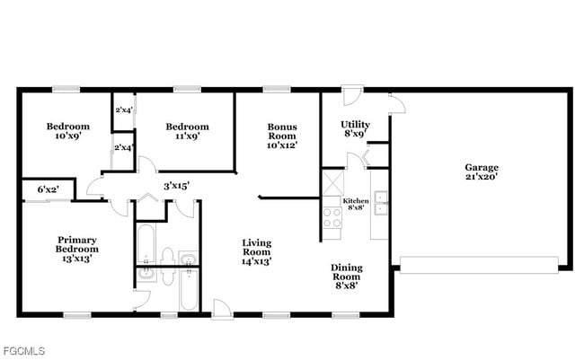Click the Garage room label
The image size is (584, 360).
[x=482, y=171]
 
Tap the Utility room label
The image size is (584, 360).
[x=356, y=129]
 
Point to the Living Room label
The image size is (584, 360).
[x=256, y=252]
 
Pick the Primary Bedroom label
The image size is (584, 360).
[x=77, y=249]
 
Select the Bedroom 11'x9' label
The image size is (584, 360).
[x=187, y=131]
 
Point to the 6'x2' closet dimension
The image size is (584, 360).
[x=49, y=189]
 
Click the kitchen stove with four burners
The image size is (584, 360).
[x=332, y=216]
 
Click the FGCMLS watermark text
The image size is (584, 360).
[x=24, y=349]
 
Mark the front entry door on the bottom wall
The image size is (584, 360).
[x=222, y=310]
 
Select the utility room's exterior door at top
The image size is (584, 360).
[x=353, y=92]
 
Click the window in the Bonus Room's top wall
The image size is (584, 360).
[x=276, y=89]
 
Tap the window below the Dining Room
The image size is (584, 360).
[x=345, y=314]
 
